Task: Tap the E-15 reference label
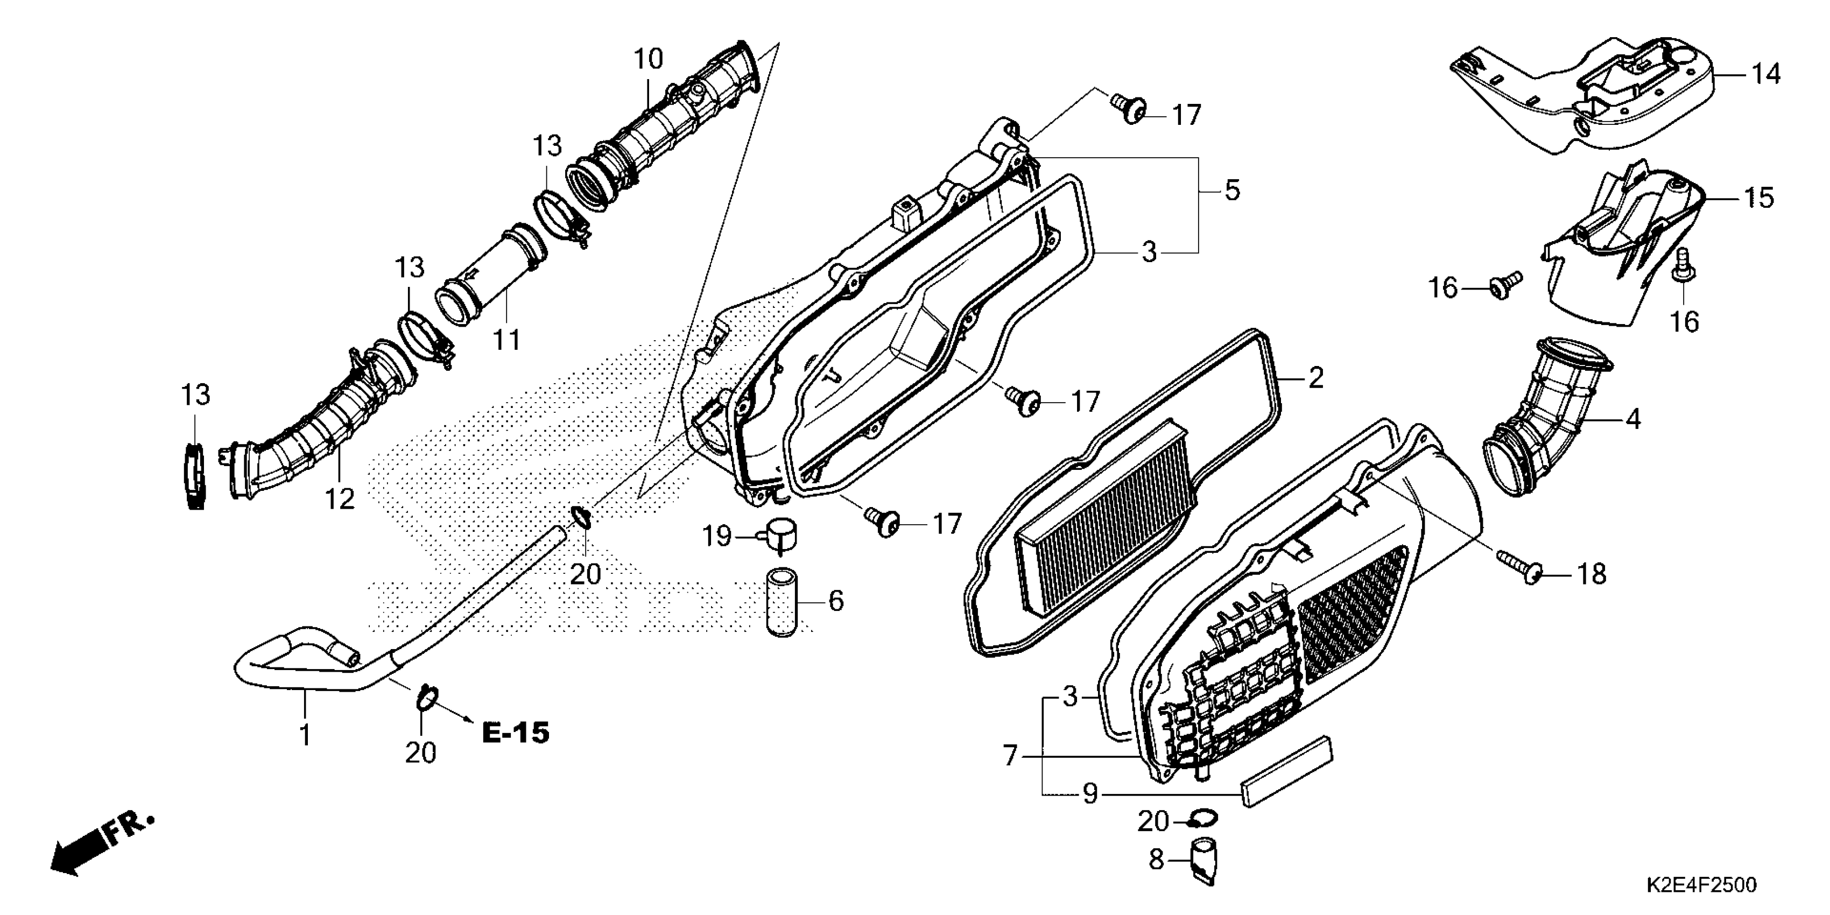click(516, 733)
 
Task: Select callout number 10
click(648, 60)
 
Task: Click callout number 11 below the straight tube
click(507, 340)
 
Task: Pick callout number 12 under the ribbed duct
click(340, 499)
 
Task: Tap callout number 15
click(1759, 198)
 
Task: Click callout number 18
click(1592, 574)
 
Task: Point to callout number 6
click(836, 601)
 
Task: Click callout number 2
click(1315, 378)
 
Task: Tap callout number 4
click(1633, 420)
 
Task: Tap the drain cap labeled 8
click(1203, 860)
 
